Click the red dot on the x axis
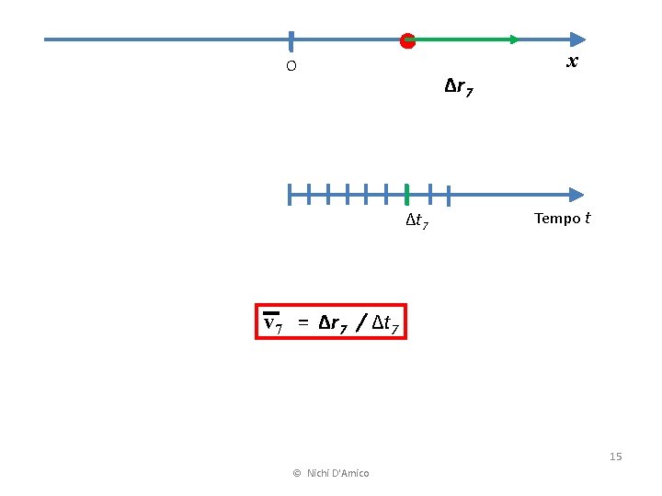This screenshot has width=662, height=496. (x=407, y=40)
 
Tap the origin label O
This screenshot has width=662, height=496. (x=291, y=66)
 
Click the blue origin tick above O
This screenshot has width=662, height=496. (x=291, y=40)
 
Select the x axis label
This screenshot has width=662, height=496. (x=572, y=62)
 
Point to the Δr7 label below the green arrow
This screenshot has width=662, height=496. (x=459, y=88)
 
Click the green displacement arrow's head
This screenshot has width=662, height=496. (x=514, y=39)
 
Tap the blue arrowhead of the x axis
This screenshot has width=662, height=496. (x=576, y=39)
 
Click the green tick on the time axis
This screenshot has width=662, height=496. (x=406, y=195)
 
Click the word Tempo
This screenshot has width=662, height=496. (x=556, y=219)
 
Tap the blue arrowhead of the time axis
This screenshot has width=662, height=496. (x=576, y=195)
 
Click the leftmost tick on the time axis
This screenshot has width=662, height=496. (x=289, y=195)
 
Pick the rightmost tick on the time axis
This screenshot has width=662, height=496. (x=448, y=195)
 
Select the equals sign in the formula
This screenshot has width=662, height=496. (x=302, y=323)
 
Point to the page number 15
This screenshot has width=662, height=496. (x=615, y=457)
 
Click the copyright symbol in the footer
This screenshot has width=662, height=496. (x=296, y=473)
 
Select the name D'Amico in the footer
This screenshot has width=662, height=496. (x=349, y=473)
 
